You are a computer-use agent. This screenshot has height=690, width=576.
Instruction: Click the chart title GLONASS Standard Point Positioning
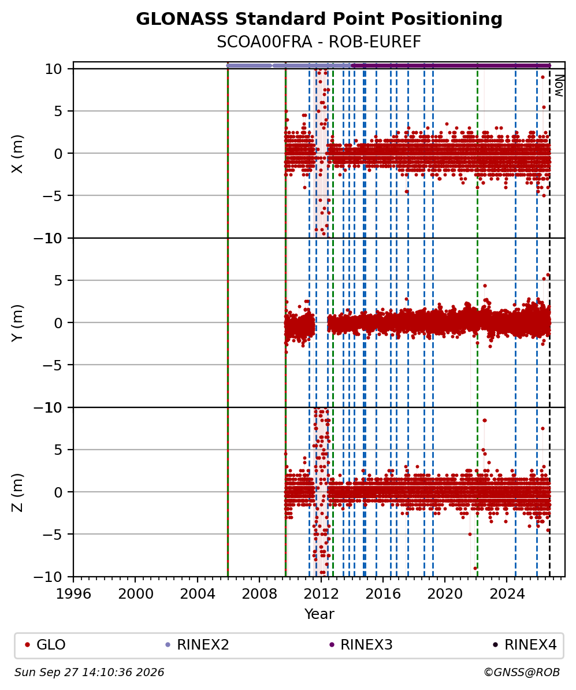[x=319, y=19]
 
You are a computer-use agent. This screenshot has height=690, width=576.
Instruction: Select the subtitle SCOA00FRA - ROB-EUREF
[x=319, y=42]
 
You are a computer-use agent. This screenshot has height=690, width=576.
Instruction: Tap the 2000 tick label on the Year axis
[x=136, y=593]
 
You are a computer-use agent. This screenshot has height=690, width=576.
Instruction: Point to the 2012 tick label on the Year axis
[x=322, y=593]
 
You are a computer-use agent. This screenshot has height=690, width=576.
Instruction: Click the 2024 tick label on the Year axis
[x=508, y=593]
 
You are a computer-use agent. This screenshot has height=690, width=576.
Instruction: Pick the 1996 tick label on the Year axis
[x=73, y=593]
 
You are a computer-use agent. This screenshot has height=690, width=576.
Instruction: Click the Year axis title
[x=319, y=614]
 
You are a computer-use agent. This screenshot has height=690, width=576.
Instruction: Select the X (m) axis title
[x=17, y=154]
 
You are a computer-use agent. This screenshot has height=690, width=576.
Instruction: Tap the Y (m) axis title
[x=17, y=323]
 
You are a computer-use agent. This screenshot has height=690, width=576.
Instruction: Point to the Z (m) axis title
[x=17, y=492]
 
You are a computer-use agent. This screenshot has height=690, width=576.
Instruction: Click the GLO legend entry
[x=45, y=645]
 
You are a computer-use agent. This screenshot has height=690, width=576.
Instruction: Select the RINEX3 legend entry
[x=361, y=645]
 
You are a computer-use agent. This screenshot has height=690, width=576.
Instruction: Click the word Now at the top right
[x=559, y=86]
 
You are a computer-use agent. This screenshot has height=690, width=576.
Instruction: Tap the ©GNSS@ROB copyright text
[x=522, y=673]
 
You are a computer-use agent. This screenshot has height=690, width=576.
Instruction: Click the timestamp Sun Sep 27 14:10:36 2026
[x=90, y=673]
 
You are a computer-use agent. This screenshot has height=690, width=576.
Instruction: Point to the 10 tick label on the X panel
[x=53, y=69]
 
